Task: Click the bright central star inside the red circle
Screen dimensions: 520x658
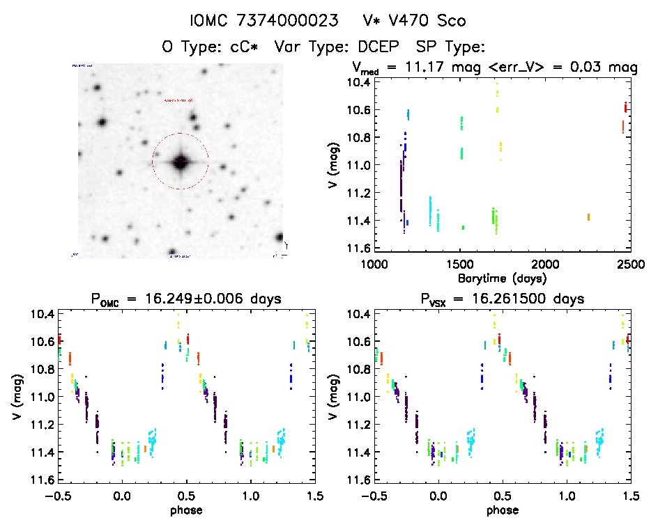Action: point(181,161)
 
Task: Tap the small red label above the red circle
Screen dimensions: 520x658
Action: point(180,101)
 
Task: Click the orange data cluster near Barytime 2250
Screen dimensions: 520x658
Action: point(588,217)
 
